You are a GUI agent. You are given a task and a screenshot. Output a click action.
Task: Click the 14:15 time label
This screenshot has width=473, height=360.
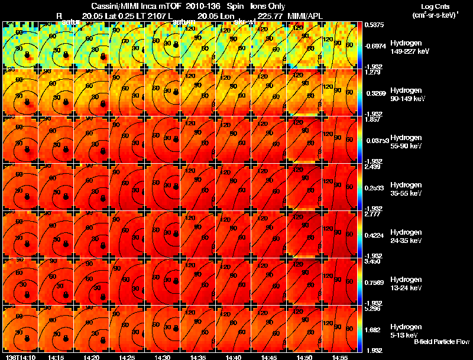pyautogui.click(x=56, y=357)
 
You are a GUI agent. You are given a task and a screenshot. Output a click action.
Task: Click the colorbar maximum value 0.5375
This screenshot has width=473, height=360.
pyautogui.click(x=374, y=25)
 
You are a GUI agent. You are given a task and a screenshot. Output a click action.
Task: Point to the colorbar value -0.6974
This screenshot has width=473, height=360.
pyautogui.click(x=374, y=46)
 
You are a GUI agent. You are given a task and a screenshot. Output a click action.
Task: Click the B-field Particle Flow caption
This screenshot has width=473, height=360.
pyautogui.click(x=442, y=342)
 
